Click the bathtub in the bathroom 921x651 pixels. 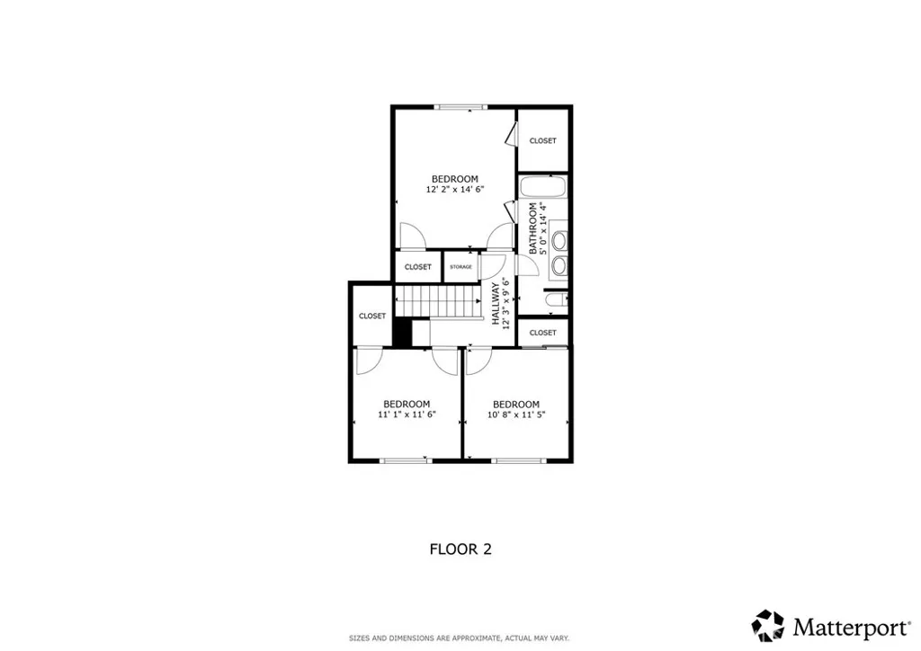543,189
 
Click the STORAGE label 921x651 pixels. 460,267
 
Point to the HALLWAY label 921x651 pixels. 496,303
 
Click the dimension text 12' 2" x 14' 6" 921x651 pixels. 454,190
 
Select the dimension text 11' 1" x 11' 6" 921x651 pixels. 407,415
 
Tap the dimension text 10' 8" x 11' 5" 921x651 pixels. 515,415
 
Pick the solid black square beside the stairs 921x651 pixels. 402,332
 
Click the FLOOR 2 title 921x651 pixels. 460,548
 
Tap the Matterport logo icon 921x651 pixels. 768,625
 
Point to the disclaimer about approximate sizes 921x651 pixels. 460,638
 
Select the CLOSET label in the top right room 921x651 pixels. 542,140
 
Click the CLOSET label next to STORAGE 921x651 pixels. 417,267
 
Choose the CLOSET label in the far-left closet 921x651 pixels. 371,316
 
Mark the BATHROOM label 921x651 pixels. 532,228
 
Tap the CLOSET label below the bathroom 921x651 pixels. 542,333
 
